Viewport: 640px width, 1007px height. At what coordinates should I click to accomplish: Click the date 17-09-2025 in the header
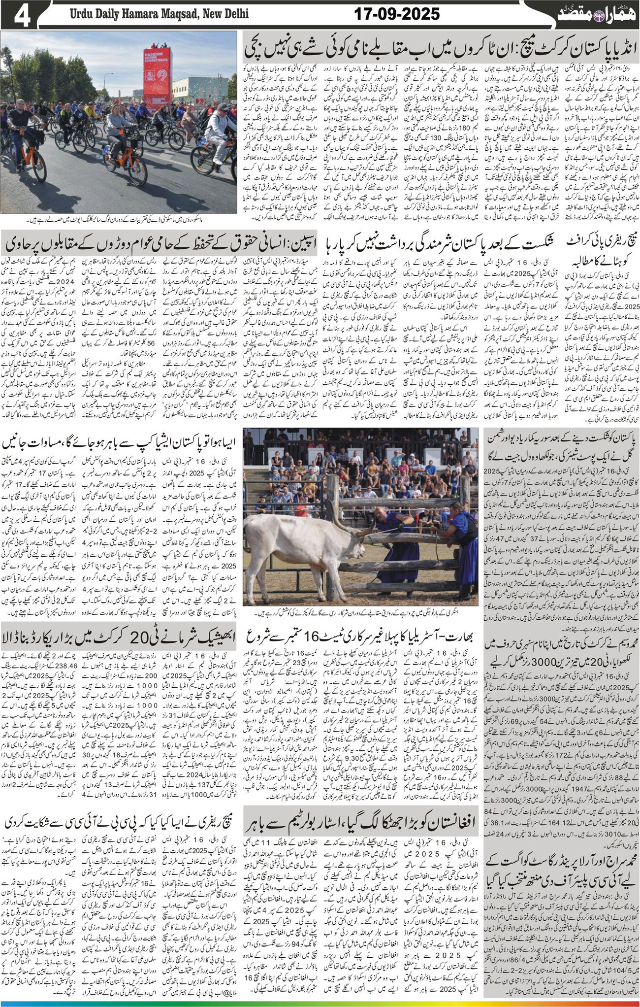tap(396, 14)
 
